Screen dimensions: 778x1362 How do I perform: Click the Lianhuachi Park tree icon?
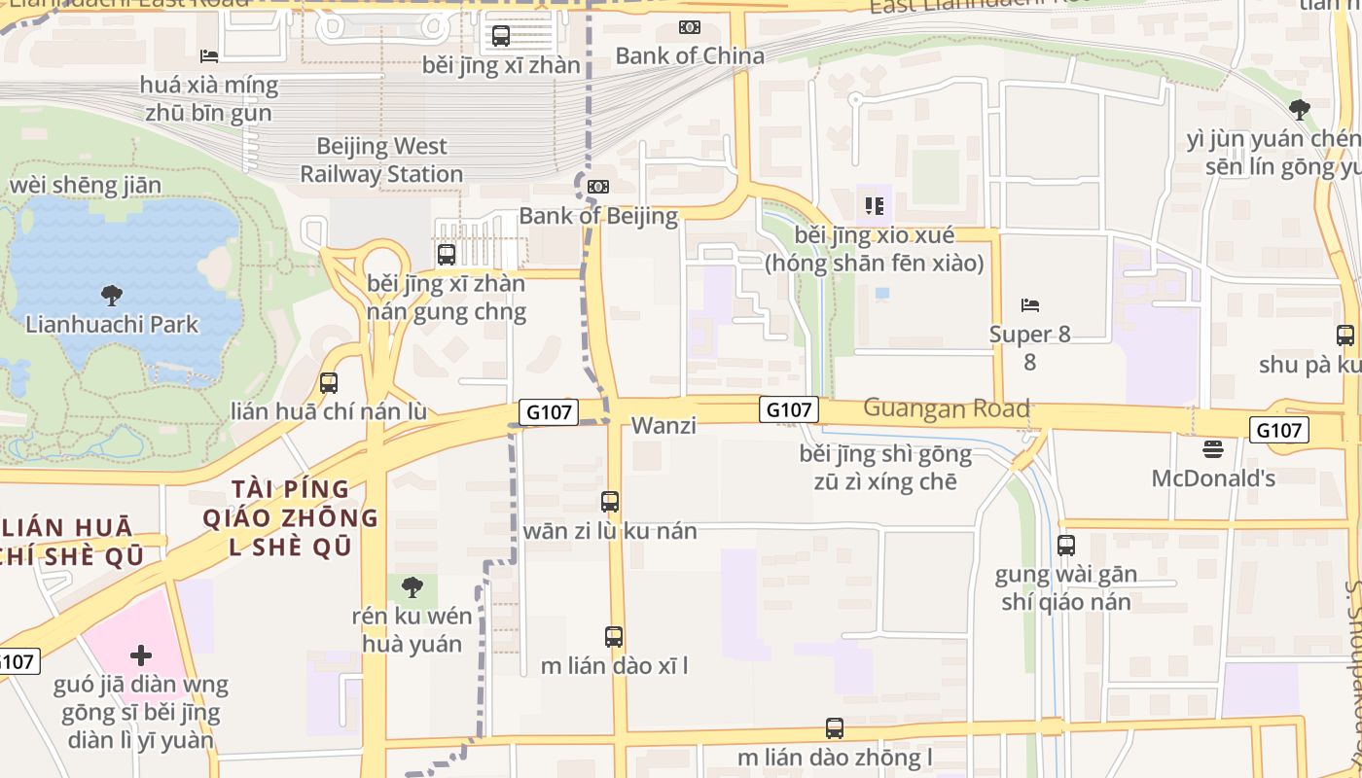tap(112, 294)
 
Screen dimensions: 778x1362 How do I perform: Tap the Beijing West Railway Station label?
tap(381, 160)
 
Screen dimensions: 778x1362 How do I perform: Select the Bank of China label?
tap(690, 55)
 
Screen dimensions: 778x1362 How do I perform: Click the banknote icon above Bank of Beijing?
tap(598, 186)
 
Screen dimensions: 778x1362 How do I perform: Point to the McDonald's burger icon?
tap(1212, 449)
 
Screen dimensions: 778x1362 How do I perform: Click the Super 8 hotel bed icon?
tap(1030, 305)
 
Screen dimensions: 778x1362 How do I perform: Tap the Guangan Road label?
tap(946, 408)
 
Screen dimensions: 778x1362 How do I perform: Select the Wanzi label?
tap(663, 425)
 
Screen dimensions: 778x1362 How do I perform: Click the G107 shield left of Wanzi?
tap(549, 412)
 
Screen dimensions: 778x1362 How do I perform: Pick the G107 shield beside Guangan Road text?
tap(789, 410)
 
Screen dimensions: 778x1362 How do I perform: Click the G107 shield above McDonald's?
tap(1278, 430)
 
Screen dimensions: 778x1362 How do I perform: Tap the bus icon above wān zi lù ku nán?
tap(610, 502)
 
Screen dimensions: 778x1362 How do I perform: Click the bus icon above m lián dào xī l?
tap(614, 637)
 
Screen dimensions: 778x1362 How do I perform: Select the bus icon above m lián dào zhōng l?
tap(835, 728)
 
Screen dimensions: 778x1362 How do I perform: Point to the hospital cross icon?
tap(141, 654)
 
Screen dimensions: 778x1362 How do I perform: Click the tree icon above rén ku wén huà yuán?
tap(412, 587)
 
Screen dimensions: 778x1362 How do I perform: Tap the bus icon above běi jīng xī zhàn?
tap(501, 36)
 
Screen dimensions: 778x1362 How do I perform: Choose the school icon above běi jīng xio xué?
tap(874, 206)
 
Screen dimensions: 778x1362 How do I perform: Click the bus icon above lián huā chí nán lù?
tap(329, 383)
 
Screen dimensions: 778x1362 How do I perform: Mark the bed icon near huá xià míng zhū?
tap(209, 55)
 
